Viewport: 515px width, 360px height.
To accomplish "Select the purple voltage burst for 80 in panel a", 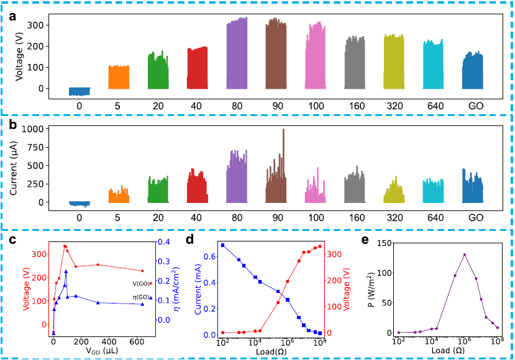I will click(x=237, y=56).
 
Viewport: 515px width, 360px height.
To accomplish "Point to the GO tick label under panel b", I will click(x=476, y=218).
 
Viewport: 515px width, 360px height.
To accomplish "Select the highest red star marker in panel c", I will click(x=65, y=246).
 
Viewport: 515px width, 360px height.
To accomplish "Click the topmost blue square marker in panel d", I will click(x=222, y=245).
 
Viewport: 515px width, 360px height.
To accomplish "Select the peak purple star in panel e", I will click(x=464, y=254).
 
